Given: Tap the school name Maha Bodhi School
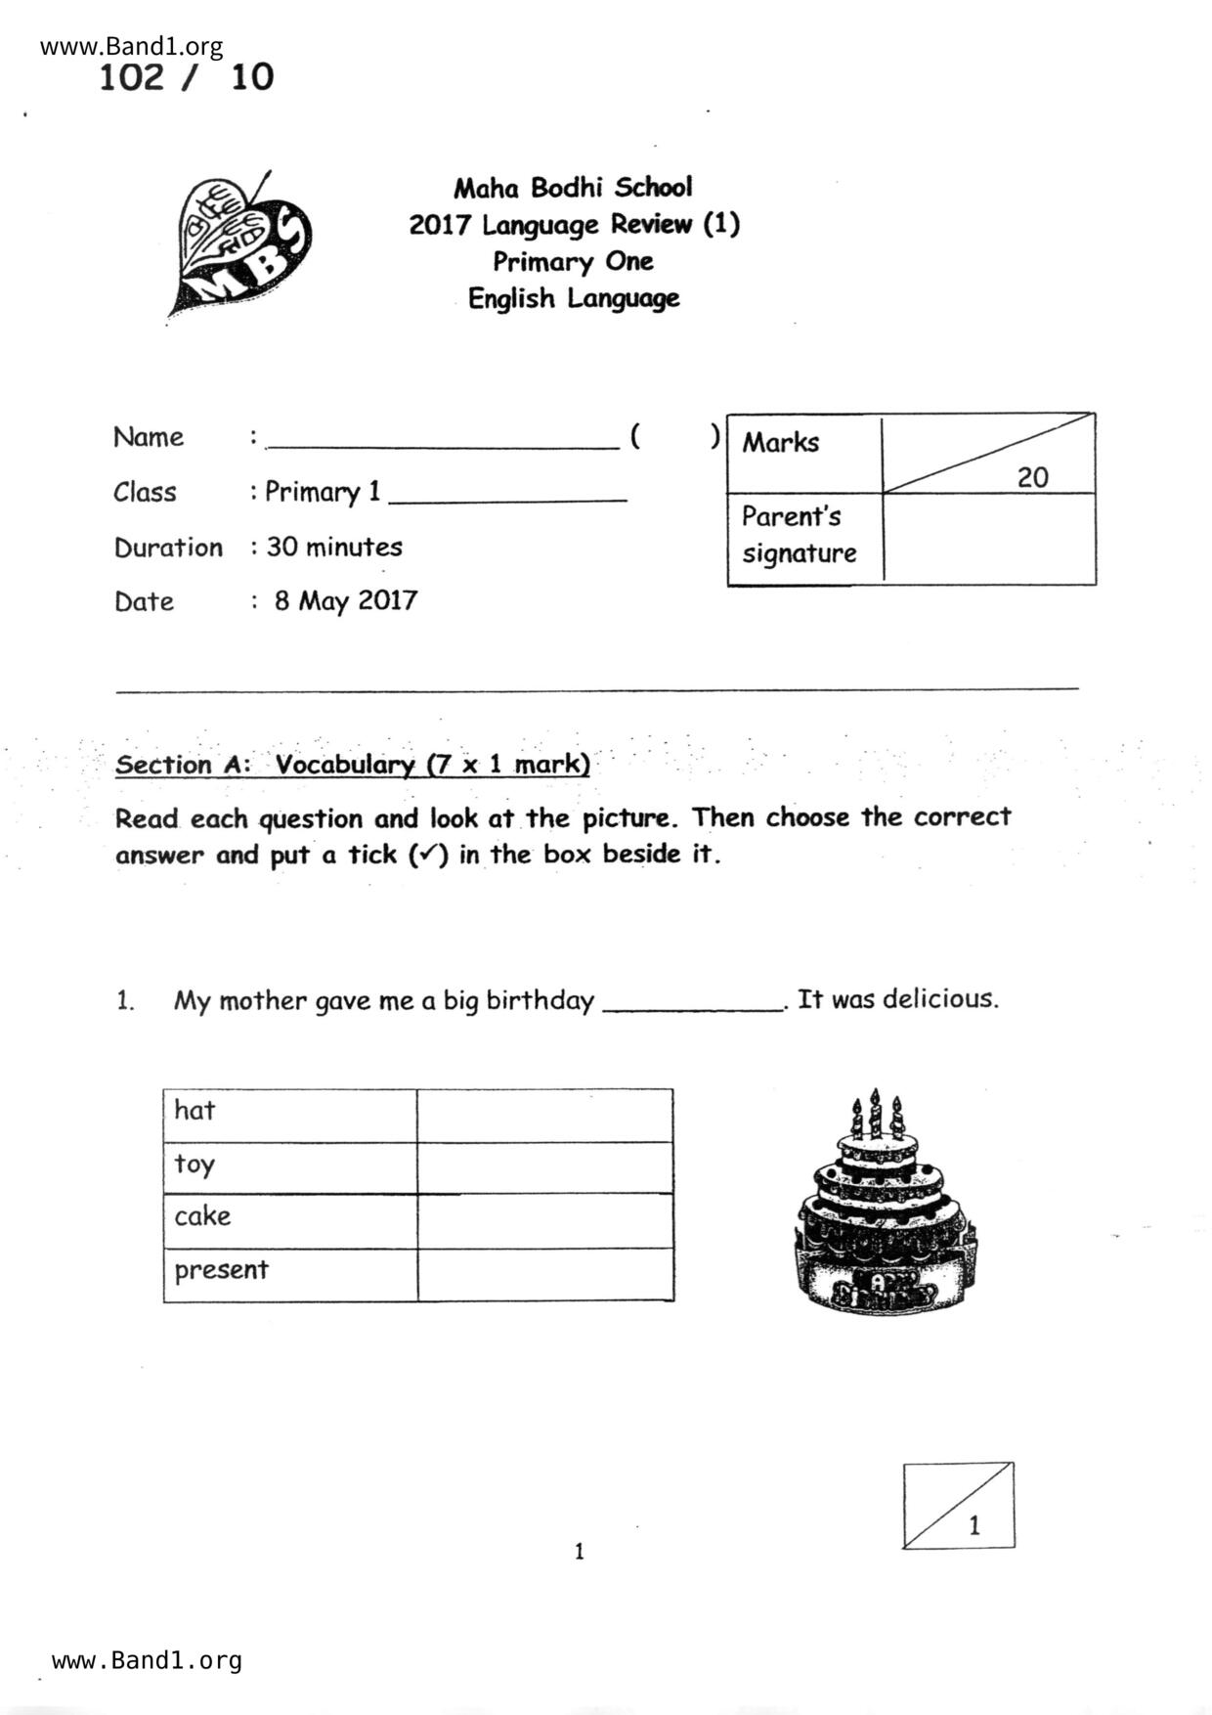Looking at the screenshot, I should tap(573, 187).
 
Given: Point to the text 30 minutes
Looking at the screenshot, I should tap(334, 547).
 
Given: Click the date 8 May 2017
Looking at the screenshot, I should tap(345, 600).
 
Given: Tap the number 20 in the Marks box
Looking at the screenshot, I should tap(1032, 477).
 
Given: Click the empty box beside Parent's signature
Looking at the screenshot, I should tap(988, 539).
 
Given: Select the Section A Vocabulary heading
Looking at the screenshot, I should tap(353, 764).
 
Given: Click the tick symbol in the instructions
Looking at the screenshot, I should tap(424, 855).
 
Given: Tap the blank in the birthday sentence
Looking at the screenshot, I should tap(693, 1004).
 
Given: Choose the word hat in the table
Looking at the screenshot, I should tap(195, 1110).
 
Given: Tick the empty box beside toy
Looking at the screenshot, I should tap(544, 1167).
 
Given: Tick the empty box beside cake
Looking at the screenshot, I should tap(544, 1220).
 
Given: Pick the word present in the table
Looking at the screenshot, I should tap(221, 1270).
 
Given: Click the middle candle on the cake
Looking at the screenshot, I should tap(876, 1112).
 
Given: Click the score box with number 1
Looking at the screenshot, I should tap(958, 1505).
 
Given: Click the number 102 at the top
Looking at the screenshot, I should tap(131, 77).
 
